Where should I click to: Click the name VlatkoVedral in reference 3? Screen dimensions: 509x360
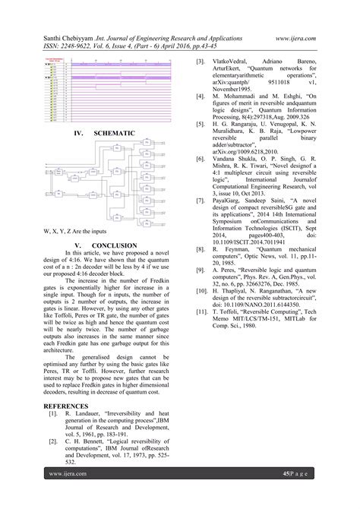(x=227, y=59)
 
